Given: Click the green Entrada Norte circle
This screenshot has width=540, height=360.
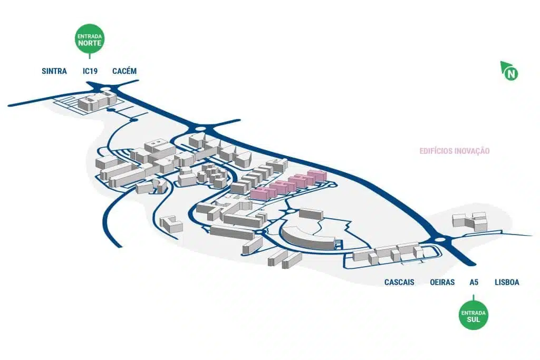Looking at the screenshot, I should (x=90, y=38).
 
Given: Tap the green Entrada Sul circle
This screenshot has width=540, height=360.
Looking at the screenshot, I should (x=473, y=316).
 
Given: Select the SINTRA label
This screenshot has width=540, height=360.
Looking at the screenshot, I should (x=54, y=71).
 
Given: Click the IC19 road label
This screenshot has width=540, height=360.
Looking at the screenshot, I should (x=90, y=71).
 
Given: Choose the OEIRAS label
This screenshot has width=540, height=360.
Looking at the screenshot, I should (x=442, y=283).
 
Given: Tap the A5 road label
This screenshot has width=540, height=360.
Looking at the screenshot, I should (x=474, y=283).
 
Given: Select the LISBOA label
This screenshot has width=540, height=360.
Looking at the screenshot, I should (x=507, y=283).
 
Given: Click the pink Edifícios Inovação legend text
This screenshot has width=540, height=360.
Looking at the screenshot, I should (x=455, y=151).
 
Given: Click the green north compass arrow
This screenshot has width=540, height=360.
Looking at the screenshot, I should (x=509, y=71).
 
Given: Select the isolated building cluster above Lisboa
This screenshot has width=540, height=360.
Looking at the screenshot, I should (x=470, y=221).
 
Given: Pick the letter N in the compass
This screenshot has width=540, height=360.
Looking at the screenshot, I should (x=510, y=74).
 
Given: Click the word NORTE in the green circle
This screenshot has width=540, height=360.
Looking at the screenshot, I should (x=90, y=43).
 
